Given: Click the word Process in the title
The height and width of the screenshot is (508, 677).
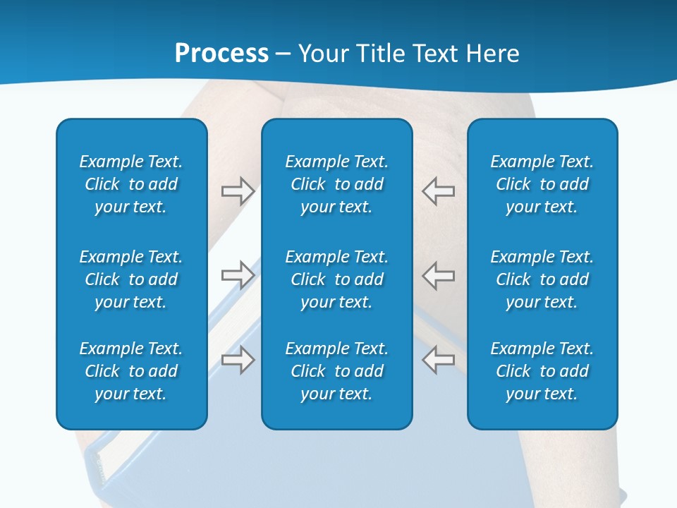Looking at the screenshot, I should [221, 54].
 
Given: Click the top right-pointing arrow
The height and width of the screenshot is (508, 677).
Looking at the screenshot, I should [238, 190].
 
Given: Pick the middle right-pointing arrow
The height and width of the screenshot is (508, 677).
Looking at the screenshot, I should [238, 274].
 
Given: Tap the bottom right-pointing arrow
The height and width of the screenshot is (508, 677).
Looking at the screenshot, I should [238, 359].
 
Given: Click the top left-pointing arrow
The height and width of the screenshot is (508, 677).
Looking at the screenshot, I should [438, 190].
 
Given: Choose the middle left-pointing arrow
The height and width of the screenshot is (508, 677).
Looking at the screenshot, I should [438, 274].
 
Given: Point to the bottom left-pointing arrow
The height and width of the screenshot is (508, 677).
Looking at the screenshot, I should [438, 359].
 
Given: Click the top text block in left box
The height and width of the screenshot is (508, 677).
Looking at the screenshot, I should [131, 184].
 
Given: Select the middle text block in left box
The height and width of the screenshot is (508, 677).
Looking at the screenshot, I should [131, 279].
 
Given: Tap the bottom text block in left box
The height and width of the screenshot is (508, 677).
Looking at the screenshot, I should [131, 371].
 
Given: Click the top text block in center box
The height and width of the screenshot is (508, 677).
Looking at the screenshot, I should [337, 184].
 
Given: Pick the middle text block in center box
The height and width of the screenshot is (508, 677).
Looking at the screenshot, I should [337, 279].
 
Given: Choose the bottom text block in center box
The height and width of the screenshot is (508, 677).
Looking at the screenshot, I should [337, 371].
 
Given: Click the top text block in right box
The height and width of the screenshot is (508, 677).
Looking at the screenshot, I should [542, 184].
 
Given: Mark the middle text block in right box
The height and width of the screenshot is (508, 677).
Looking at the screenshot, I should [542, 279].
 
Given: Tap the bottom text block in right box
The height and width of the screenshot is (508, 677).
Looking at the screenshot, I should [542, 371].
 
